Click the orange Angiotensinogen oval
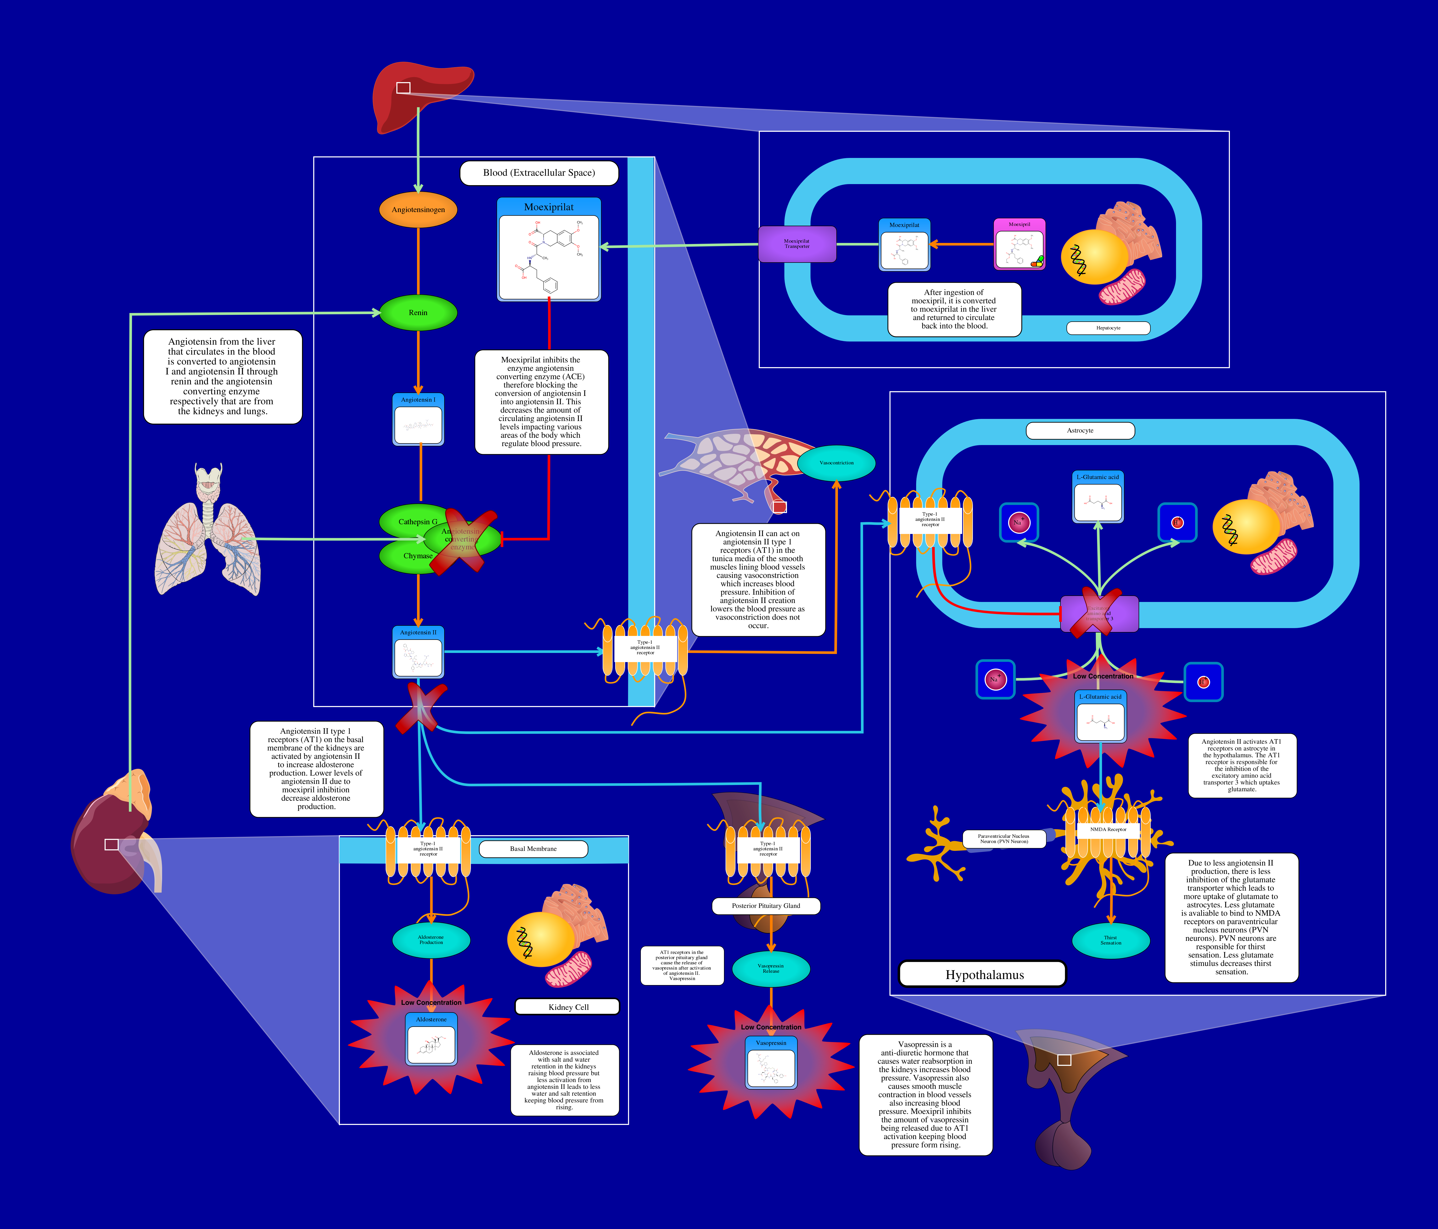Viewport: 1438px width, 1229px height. point(418,209)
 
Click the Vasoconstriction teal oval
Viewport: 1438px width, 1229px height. point(836,463)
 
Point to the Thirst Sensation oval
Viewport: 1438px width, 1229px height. point(1110,940)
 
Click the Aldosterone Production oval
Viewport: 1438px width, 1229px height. point(431,940)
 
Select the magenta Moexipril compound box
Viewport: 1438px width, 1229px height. point(1019,244)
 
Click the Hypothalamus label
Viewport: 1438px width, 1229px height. point(984,974)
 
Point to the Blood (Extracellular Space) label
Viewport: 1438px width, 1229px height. point(539,173)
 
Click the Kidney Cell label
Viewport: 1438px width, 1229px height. point(568,1007)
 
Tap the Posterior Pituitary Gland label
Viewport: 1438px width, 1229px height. point(766,906)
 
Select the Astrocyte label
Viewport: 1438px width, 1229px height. point(1080,431)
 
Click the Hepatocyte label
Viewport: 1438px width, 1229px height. point(1108,328)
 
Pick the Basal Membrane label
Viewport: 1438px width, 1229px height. point(533,849)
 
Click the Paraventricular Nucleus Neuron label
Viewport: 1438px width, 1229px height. point(1003,839)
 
